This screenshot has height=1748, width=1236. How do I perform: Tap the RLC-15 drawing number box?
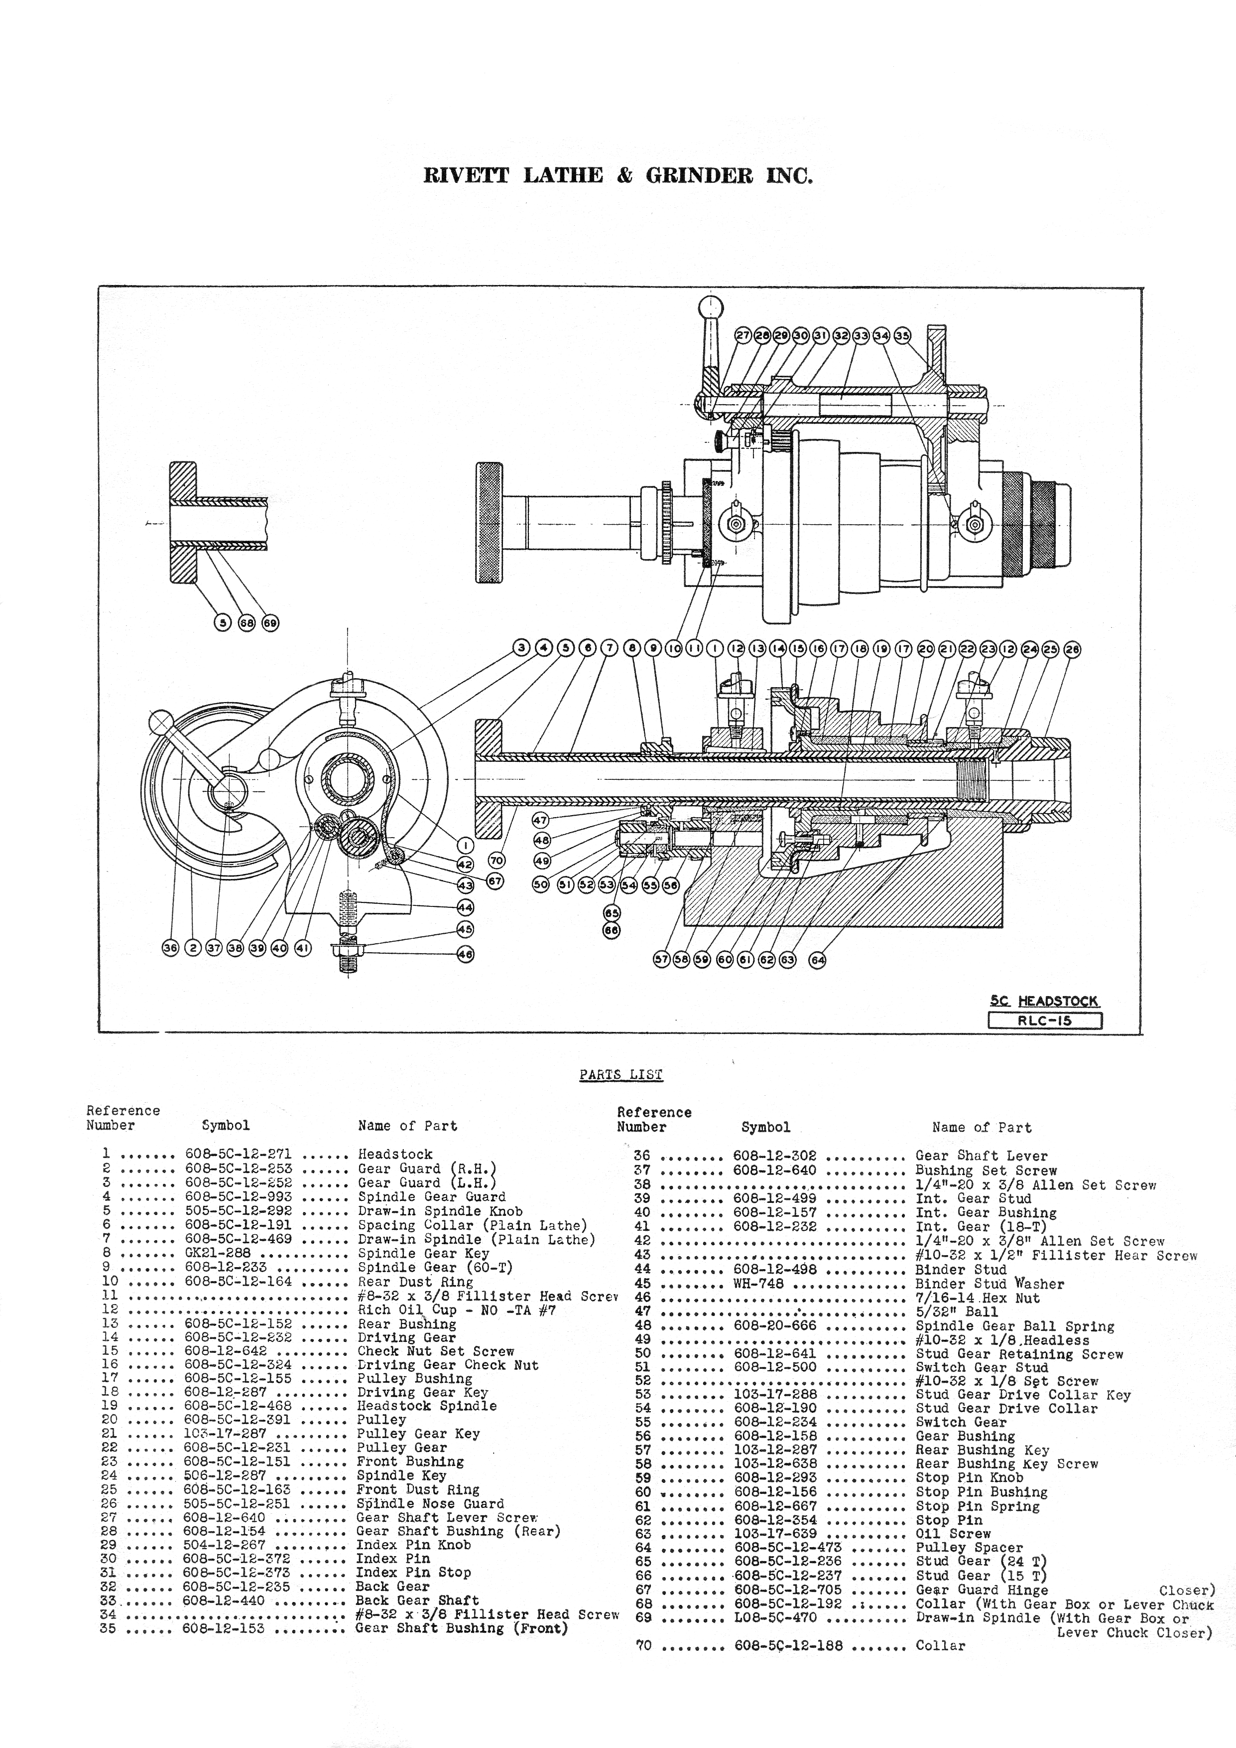(x=1044, y=1021)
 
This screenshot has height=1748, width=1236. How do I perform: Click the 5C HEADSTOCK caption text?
(x=1044, y=1001)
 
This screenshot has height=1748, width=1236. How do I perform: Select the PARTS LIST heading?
(x=621, y=1075)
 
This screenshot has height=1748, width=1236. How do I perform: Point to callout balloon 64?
(x=817, y=960)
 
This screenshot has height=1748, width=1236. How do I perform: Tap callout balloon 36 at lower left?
(x=170, y=948)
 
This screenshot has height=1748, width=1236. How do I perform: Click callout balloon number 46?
(x=465, y=954)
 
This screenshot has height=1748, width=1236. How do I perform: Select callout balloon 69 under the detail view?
(x=270, y=623)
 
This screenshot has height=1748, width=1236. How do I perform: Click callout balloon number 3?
(x=521, y=648)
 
